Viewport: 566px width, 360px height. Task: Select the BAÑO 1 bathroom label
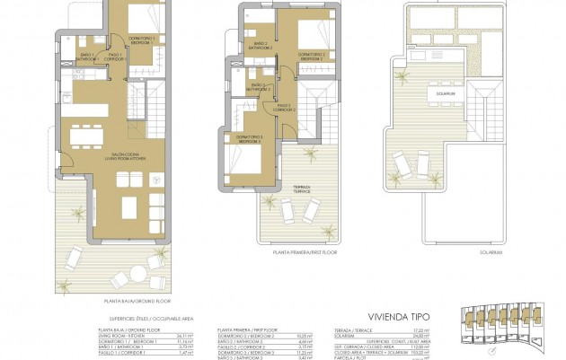pos(88,57)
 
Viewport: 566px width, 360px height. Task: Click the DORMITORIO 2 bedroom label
pos(311,57)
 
